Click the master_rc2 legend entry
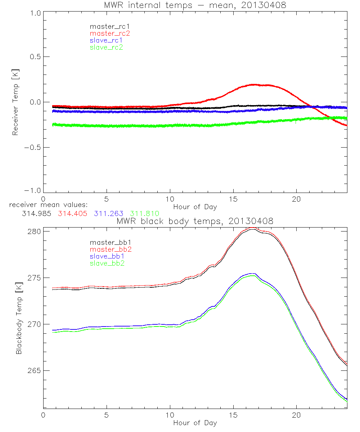(110, 33)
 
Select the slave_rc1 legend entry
(106, 40)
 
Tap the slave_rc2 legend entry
(106, 47)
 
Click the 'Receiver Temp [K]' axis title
(15, 102)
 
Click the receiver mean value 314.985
(38, 213)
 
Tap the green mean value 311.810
(144, 213)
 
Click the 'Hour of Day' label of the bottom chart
(195, 423)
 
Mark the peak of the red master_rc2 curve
(253, 85)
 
